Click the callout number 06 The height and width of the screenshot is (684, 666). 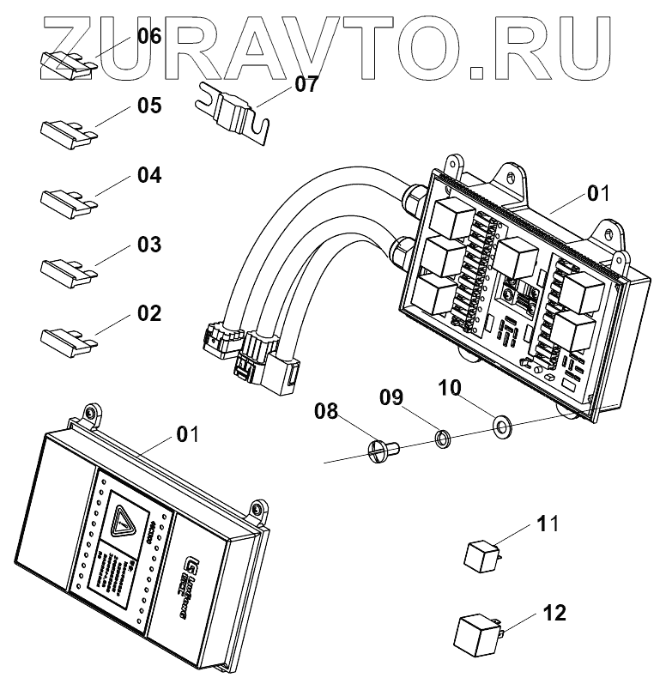149,36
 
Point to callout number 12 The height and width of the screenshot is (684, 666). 555,614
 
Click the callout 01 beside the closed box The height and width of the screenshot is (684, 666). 187,433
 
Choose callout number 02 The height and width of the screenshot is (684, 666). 149,312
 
